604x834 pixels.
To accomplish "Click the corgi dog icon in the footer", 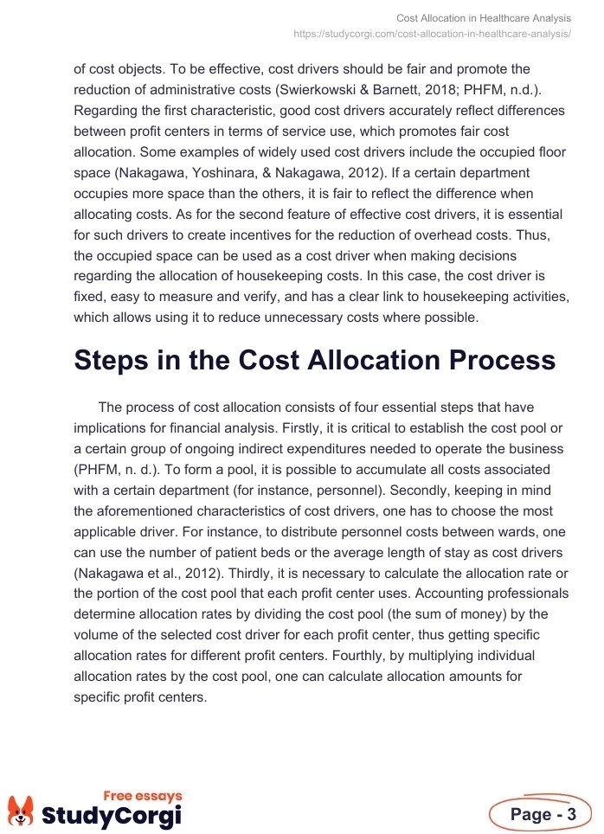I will pyautogui.click(x=21, y=811).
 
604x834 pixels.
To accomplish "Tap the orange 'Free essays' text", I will pyautogui.click(x=143, y=795).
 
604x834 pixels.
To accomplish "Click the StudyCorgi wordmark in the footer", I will pyautogui.click(x=112, y=815).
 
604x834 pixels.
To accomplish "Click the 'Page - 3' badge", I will pyautogui.click(x=541, y=814).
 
